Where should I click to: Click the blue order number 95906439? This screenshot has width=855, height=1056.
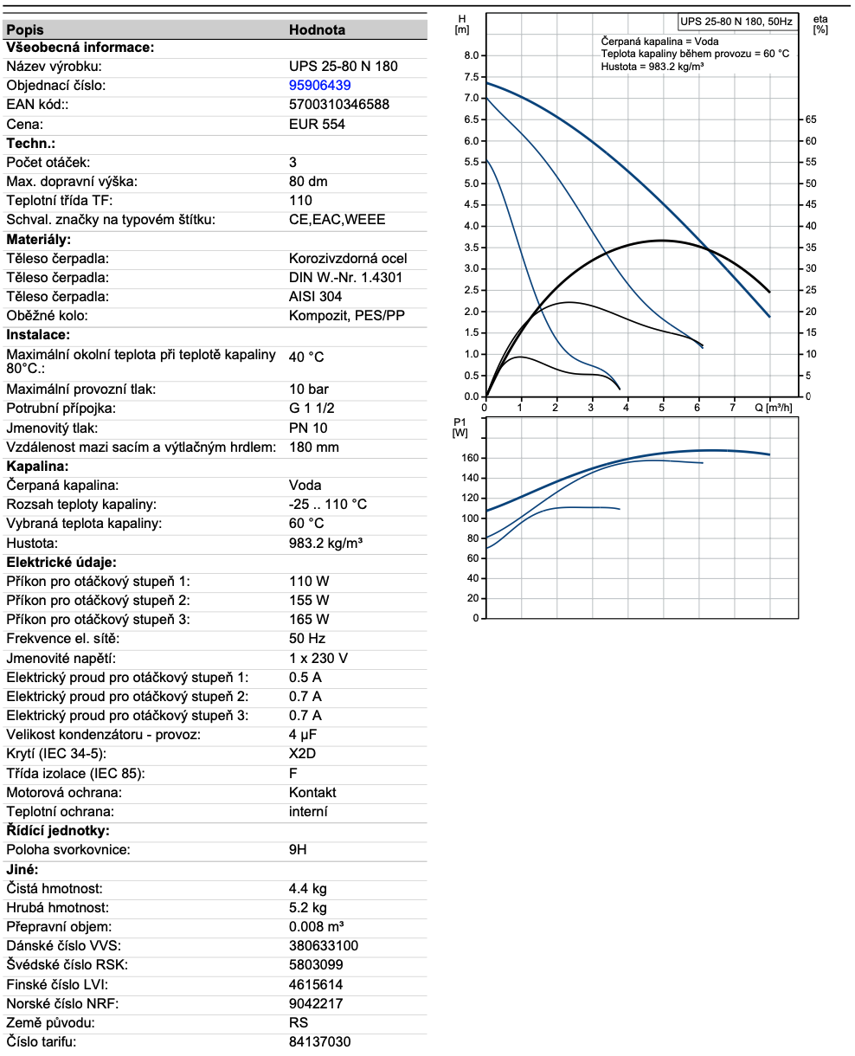point(319,86)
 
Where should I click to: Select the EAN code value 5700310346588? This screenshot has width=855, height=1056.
point(338,105)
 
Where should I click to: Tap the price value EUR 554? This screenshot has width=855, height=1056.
point(317,124)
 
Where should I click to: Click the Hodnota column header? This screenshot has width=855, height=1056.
point(317,29)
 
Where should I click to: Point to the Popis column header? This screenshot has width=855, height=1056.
point(25,29)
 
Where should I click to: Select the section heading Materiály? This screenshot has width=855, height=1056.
point(39,239)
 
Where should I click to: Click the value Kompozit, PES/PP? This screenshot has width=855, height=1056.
point(346,315)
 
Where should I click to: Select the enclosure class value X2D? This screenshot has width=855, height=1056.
point(302,754)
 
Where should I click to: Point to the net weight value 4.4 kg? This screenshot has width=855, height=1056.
point(307,888)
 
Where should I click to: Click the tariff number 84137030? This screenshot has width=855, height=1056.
point(319,1041)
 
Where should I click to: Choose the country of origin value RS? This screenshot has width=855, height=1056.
point(298,1022)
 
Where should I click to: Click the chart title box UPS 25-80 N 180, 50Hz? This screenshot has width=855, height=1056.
point(735,22)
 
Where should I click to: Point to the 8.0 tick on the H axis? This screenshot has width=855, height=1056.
point(472,55)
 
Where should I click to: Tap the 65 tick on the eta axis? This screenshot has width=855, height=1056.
point(811,119)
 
